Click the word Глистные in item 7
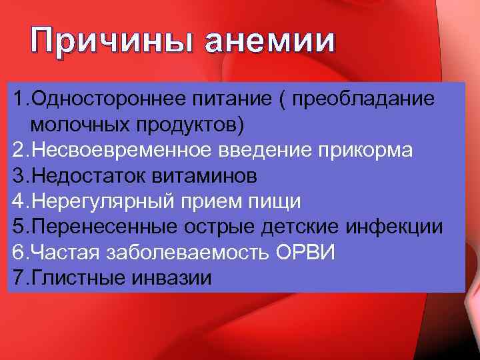[73, 277]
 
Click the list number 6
[18, 251]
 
